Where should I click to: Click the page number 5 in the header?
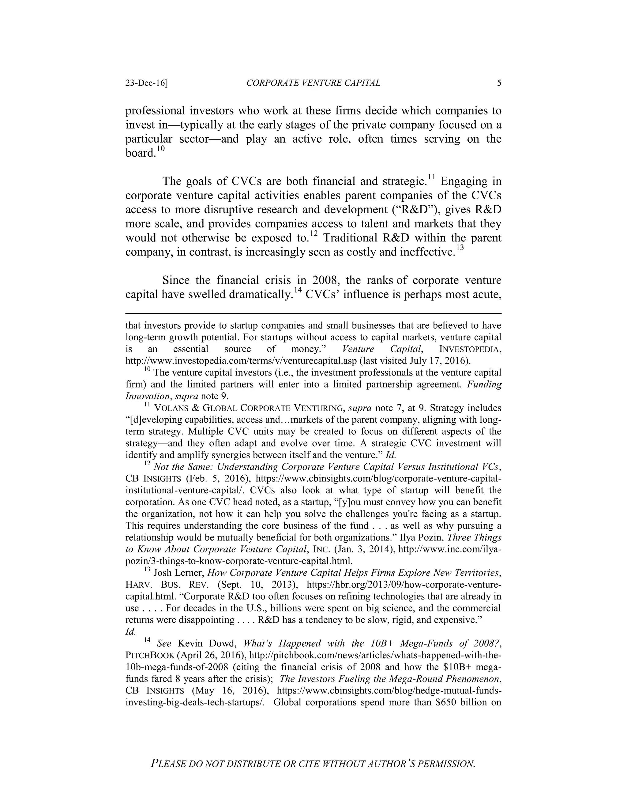[x=499, y=83]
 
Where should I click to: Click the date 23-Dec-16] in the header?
[x=146, y=83]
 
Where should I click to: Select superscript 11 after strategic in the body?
[x=431, y=177]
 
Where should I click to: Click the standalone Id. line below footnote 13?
[x=130, y=632]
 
